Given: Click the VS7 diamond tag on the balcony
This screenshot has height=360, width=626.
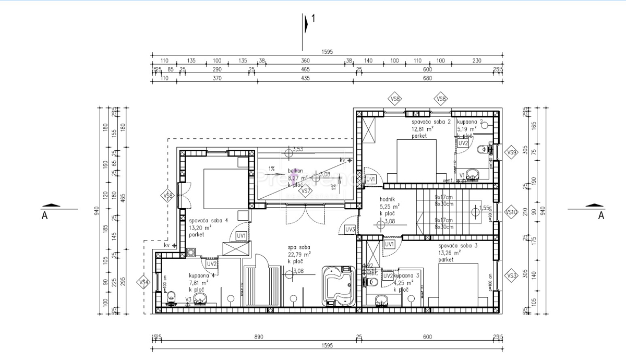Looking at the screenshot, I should click(x=306, y=191).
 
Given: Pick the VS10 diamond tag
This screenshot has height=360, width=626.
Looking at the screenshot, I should click(x=511, y=212).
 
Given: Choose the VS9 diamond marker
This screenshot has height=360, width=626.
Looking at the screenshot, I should click(x=511, y=152).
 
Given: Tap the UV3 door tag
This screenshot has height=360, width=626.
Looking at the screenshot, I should click(x=350, y=229).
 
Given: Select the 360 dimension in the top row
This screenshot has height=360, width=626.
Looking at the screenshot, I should click(x=305, y=61).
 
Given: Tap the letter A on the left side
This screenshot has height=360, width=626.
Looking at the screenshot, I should click(x=44, y=215).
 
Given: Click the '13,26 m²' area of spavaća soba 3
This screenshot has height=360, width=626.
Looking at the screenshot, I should click(x=449, y=253).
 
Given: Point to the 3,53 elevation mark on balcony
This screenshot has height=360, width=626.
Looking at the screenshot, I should click(x=298, y=150).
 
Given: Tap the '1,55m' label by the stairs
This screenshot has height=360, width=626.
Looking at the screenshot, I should click(x=485, y=207).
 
